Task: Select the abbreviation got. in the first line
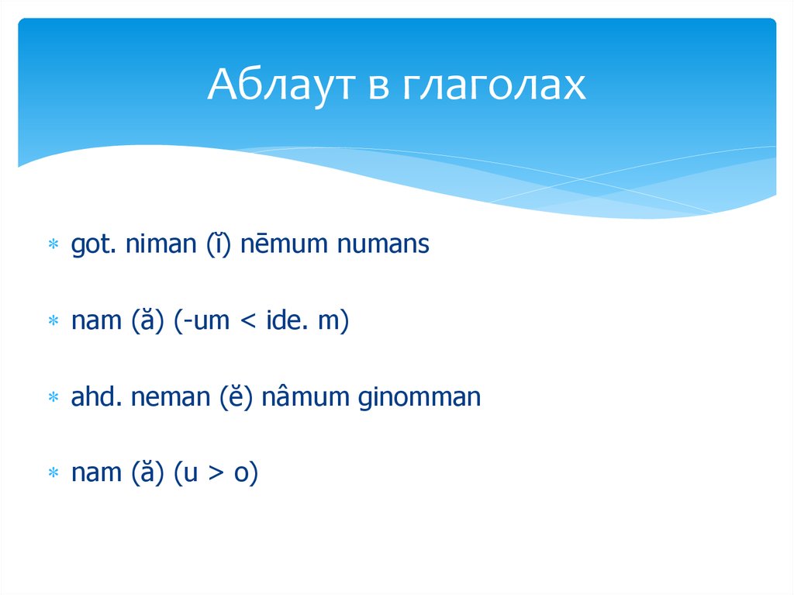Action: tap(91, 245)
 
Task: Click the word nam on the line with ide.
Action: tap(91, 322)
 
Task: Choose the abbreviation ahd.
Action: tap(93, 398)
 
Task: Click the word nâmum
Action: tap(306, 399)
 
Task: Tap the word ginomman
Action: tap(419, 399)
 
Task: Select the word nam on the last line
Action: tap(91, 474)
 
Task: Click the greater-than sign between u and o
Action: tap(212, 475)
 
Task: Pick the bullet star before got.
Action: tap(54, 246)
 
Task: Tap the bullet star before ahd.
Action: tap(54, 399)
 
